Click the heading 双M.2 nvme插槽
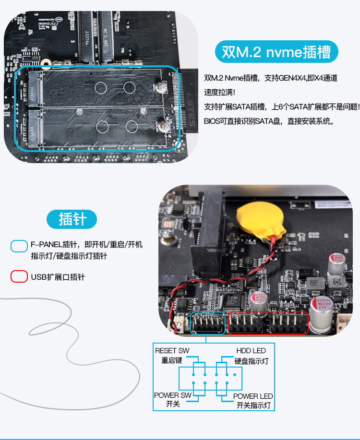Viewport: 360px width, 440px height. (x=276, y=52)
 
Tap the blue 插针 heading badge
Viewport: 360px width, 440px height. (x=72, y=219)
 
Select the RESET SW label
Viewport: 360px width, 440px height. (x=172, y=351)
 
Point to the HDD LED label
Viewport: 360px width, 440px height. (x=251, y=351)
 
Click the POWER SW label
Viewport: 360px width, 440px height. (x=173, y=395)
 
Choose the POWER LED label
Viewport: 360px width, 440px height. (x=253, y=396)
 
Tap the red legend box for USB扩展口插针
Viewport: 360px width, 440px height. (x=19, y=276)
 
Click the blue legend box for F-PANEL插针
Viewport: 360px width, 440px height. (x=19, y=246)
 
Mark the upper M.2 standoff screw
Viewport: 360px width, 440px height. (x=161, y=87)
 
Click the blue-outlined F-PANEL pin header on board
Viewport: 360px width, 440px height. (x=208, y=323)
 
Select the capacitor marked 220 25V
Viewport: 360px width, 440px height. (x=322, y=315)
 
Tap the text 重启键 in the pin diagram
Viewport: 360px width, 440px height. (x=171, y=360)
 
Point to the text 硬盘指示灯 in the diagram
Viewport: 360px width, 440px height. (x=252, y=361)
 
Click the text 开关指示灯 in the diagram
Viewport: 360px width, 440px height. (x=253, y=405)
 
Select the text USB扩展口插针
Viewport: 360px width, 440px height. (x=58, y=277)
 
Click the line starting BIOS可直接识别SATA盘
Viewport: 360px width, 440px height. (x=269, y=121)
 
